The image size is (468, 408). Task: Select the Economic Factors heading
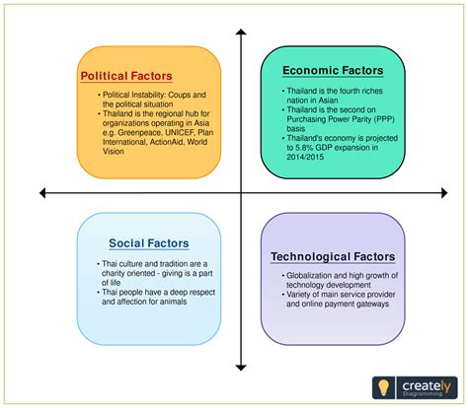[332, 70]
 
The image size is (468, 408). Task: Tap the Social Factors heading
[149, 242]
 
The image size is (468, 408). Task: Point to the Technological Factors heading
[333, 257]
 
